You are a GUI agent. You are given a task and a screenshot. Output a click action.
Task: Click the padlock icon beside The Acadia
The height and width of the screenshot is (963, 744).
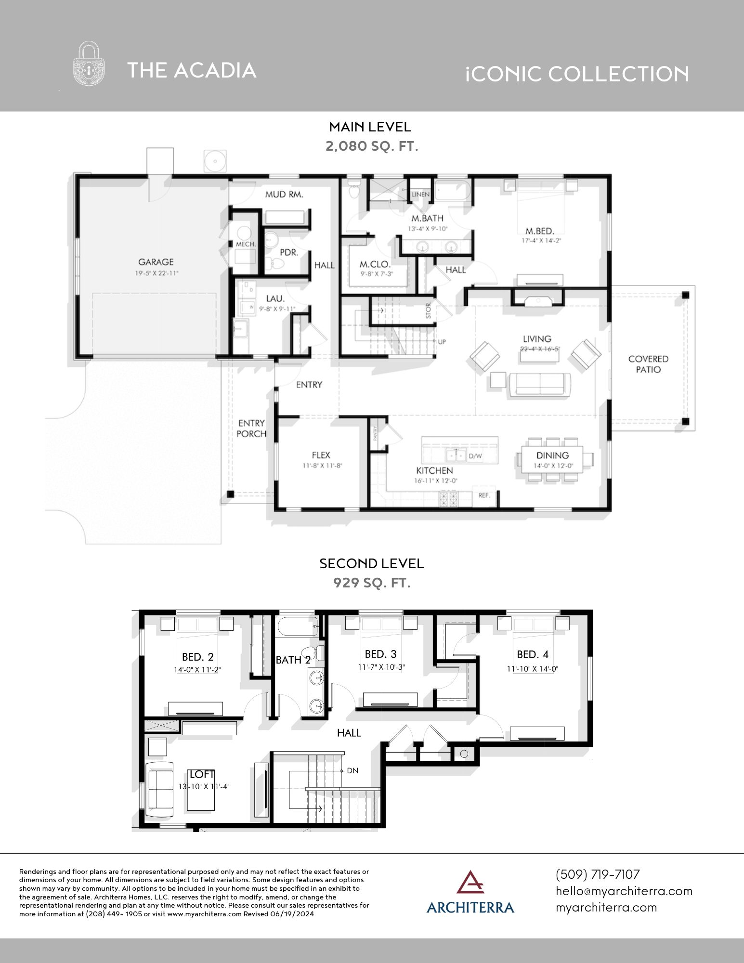coord(89,64)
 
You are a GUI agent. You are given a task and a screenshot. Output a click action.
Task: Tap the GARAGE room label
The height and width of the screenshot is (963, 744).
coord(156,262)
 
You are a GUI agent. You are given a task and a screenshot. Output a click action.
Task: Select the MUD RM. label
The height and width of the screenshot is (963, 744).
coord(284,195)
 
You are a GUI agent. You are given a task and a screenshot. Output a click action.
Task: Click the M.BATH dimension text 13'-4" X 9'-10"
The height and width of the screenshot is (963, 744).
coord(428,229)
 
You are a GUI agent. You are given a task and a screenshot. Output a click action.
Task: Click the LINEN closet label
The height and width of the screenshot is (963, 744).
coord(420,195)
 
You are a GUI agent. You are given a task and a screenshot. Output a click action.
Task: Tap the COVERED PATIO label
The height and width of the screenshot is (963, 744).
coord(648,364)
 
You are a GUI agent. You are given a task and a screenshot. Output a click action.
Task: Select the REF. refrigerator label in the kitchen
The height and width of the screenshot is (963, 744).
coord(484,495)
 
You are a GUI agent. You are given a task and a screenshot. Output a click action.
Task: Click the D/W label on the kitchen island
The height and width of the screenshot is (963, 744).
coord(475,455)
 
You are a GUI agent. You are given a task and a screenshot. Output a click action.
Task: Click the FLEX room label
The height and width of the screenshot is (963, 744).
coord(321,455)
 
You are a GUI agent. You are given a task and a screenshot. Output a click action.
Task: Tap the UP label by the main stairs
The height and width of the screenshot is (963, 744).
coord(442,342)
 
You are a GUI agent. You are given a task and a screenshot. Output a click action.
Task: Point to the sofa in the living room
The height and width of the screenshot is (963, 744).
coord(540,384)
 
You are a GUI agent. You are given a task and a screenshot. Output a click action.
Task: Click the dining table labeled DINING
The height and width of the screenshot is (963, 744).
coord(552,459)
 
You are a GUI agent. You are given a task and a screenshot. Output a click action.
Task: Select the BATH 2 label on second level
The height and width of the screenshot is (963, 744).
coord(293,660)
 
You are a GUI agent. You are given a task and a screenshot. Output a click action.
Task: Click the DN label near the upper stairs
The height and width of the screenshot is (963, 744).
coord(352,770)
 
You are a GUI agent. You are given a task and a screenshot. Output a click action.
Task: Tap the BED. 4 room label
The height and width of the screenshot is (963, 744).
coord(532,654)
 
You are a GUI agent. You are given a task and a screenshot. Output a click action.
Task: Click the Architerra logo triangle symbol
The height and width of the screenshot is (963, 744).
coord(470,882)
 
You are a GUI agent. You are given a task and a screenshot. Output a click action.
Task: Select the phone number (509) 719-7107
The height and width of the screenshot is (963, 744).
coord(598,874)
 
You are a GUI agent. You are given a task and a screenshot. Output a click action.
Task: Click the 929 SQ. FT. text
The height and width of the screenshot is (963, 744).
coord(372,583)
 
